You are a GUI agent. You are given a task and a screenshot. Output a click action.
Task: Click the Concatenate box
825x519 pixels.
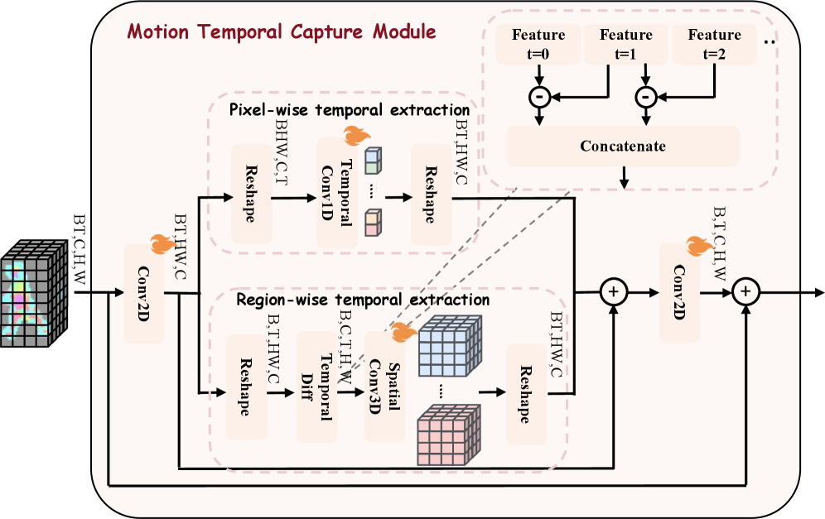pos(622,147)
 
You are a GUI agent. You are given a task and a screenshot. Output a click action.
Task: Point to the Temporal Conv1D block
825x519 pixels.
pos(338,193)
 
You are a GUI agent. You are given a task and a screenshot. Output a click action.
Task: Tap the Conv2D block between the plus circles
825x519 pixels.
pos(680,292)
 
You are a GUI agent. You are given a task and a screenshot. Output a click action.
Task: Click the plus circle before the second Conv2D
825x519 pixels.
pos(614,292)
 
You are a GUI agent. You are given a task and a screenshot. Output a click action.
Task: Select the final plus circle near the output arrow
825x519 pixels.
pos(746,292)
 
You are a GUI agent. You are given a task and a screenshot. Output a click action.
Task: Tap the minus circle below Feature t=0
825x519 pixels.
pos(539,98)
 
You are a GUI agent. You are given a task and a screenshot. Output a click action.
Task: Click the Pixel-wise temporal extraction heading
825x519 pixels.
pos(349,109)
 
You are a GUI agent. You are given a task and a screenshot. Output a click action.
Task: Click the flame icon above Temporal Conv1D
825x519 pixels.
pos(356,136)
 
